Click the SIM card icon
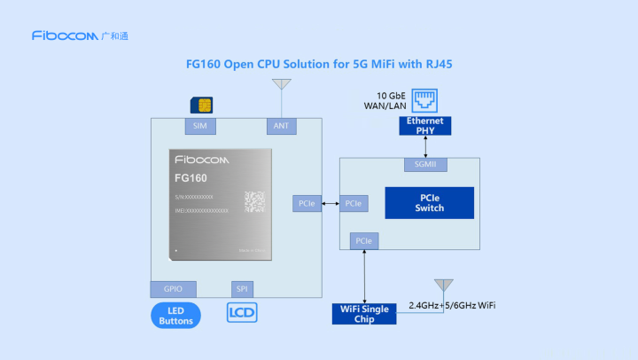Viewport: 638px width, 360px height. (203, 106)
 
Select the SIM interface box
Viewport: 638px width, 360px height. (199, 126)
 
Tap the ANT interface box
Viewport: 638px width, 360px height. (281, 126)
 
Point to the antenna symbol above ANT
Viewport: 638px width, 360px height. (281, 85)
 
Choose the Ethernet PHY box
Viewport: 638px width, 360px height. (425, 125)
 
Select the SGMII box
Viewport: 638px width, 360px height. (425, 164)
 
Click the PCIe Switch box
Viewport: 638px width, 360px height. (429, 203)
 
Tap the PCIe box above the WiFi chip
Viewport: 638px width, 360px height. (363, 240)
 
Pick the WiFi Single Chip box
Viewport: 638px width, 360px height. (364, 313)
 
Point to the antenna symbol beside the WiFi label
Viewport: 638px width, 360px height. (443, 286)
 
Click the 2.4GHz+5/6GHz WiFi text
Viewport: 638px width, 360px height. (451, 306)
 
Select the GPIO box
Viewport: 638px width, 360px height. (173, 289)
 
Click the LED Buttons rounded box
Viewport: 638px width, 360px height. (175, 315)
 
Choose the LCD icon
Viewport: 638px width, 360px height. (242, 313)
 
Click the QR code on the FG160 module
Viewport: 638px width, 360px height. (254, 200)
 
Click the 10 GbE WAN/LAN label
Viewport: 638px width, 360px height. (394, 100)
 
